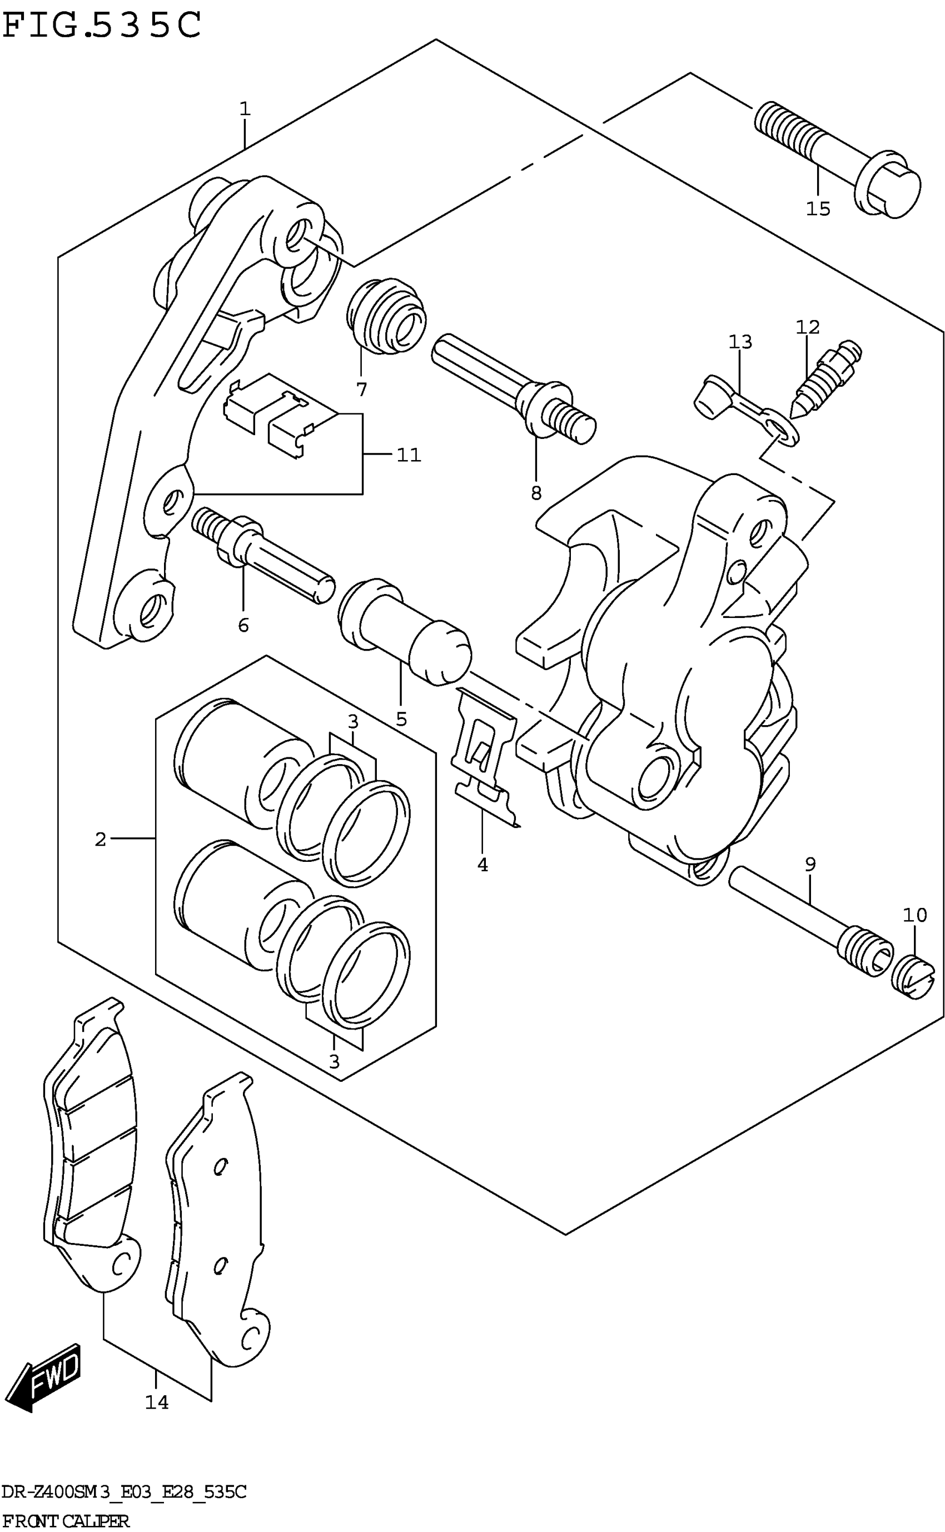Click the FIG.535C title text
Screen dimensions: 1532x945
coord(102,25)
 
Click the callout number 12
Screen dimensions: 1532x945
coord(807,327)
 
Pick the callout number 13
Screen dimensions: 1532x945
coord(740,342)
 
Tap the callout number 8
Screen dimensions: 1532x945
coord(536,493)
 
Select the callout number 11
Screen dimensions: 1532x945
coord(409,455)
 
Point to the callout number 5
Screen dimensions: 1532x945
coord(401,719)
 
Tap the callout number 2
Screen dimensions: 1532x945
coord(101,840)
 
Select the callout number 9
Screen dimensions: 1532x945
coord(810,865)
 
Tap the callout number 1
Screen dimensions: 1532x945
coord(245,109)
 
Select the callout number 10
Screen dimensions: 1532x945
coord(914,916)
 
